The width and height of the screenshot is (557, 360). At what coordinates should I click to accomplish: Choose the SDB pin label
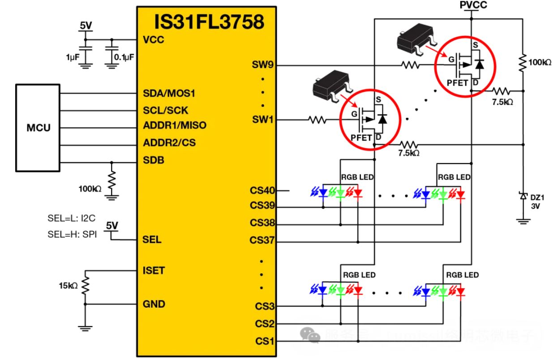(152, 160)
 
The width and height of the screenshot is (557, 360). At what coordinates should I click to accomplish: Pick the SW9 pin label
(261, 66)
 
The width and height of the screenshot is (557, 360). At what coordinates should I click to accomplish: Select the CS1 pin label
(264, 341)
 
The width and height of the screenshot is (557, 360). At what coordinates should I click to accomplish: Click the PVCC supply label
(472, 5)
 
